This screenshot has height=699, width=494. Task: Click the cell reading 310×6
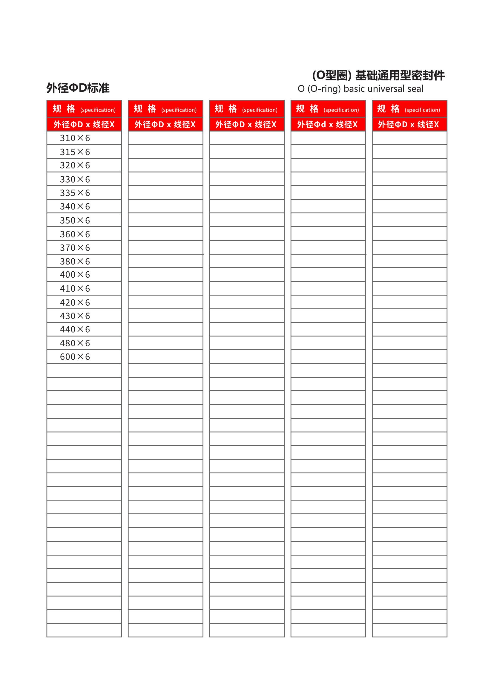pyautogui.click(x=75, y=138)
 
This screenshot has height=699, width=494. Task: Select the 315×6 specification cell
pyautogui.click(x=75, y=152)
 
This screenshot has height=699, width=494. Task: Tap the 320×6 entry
pyautogui.click(x=75, y=165)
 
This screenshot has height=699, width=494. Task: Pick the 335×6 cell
pyautogui.click(x=75, y=193)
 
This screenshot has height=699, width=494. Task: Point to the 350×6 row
pyautogui.click(x=75, y=221)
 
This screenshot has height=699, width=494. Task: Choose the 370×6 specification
pyautogui.click(x=75, y=248)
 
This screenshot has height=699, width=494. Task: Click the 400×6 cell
pyautogui.click(x=75, y=275)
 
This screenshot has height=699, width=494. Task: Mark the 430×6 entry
pyautogui.click(x=75, y=316)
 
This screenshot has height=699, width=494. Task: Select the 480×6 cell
pyautogui.click(x=75, y=343)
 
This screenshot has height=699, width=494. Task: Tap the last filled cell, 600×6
pyautogui.click(x=75, y=357)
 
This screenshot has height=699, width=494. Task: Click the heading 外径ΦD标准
pyautogui.click(x=78, y=88)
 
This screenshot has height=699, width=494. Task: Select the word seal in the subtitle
pyautogui.click(x=415, y=89)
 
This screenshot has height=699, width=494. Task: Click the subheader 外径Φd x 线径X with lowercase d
pyautogui.click(x=327, y=125)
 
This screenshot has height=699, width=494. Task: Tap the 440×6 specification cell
pyautogui.click(x=75, y=329)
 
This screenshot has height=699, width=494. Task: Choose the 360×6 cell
pyautogui.click(x=75, y=234)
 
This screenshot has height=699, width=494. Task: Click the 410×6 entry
pyautogui.click(x=75, y=288)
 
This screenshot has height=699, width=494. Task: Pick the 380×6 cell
pyautogui.click(x=75, y=261)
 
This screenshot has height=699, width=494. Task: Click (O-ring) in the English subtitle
pyautogui.click(x=324, y=89)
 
